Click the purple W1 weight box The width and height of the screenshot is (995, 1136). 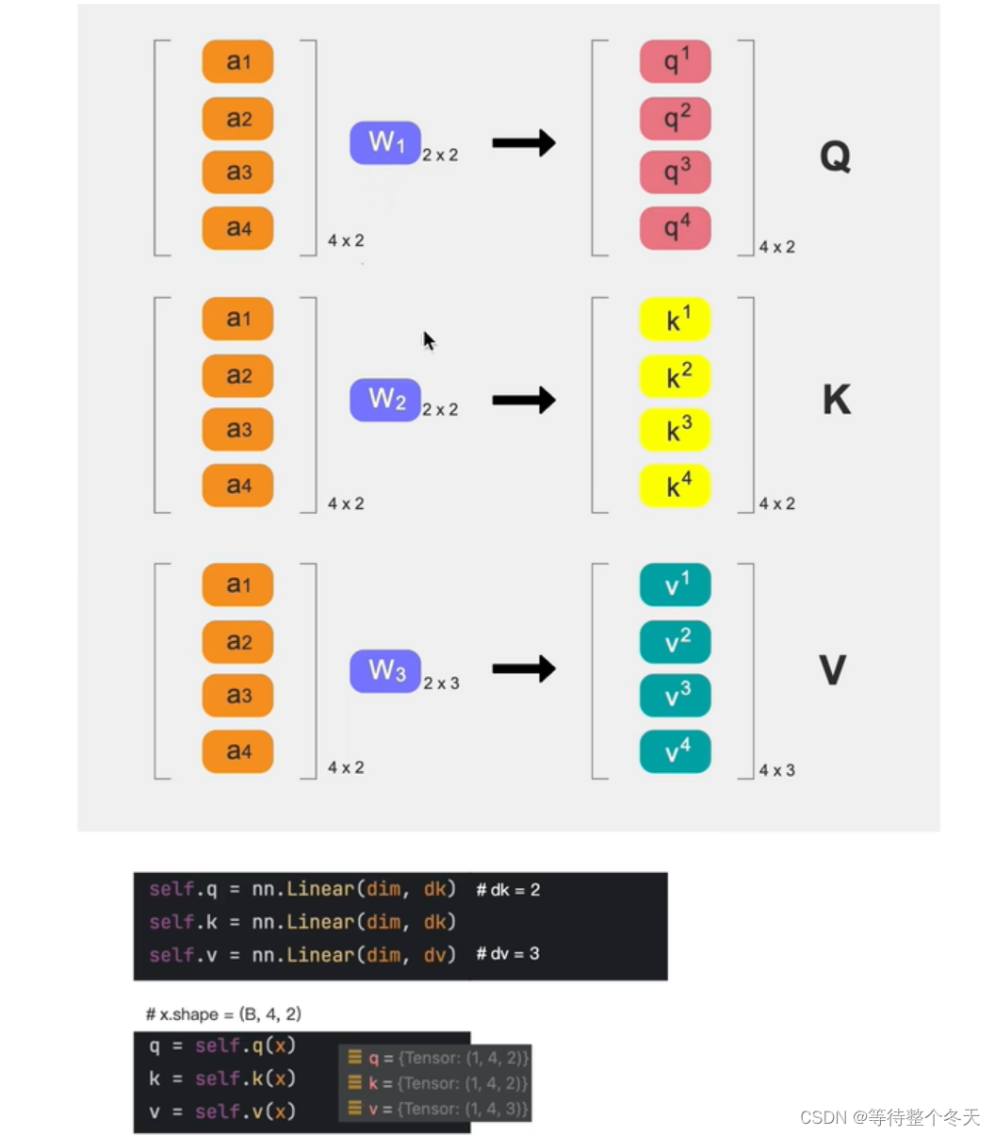[384, 143]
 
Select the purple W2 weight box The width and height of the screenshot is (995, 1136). [384, 400]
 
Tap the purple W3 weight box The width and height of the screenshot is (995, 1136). [384, 671]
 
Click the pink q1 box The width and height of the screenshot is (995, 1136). [675, 61]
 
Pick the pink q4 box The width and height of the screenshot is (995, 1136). [675, 228]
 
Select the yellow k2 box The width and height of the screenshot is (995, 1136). [675, 376]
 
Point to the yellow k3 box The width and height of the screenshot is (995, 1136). [675, 431]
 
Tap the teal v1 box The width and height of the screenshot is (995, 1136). [675, 585]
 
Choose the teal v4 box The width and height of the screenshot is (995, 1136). [675, 752]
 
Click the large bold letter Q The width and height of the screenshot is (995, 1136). [835, 156]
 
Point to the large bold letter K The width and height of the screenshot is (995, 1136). [836, 400]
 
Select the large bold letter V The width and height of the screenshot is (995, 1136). [833, 670]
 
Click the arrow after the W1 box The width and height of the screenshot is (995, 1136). [524, 143]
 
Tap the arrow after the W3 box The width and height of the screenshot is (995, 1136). [524, 669]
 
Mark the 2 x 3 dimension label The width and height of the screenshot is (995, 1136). [441, 683]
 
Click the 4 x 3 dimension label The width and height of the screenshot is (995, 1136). [777, 770]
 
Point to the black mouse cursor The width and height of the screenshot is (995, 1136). [428, 339]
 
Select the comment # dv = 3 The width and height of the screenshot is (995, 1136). [508, 954]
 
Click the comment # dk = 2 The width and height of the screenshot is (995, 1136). [508, 890]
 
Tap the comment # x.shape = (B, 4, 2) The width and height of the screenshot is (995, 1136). [223, 1014]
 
